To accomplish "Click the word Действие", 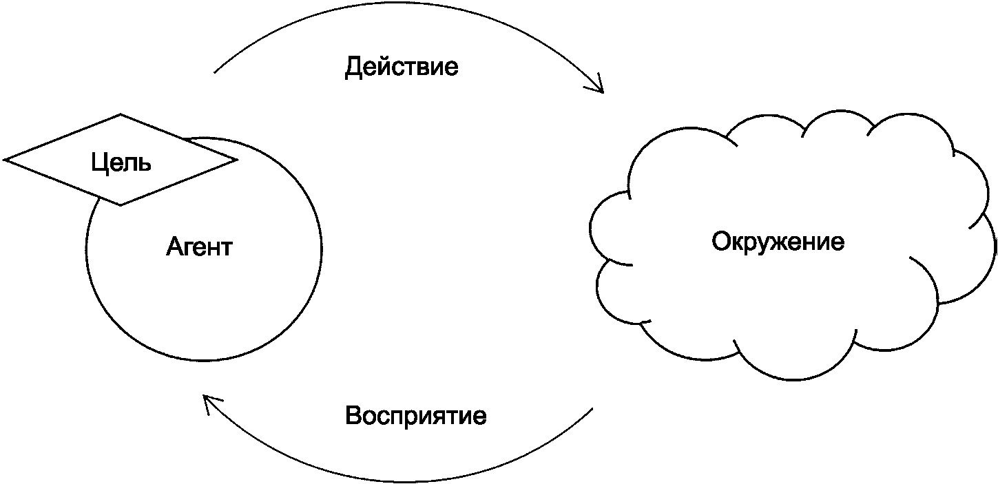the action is click(x=402, y=67).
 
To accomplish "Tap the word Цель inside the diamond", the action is click(x=121, y=163).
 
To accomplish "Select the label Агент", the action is click(x=199, y=246).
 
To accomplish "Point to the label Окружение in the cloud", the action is click(x=778, y=242).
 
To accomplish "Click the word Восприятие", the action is click(x=416, y=416).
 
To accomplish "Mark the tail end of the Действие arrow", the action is click(x=215, y=72).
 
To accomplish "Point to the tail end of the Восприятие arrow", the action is click(x=592, y=408).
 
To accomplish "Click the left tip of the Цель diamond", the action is click(x=6, y=160).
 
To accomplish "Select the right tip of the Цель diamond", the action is click(x=236, y=160).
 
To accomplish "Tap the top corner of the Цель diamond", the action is click(x=121, y=115).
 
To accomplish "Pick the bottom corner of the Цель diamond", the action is click(x=121, y=204).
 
